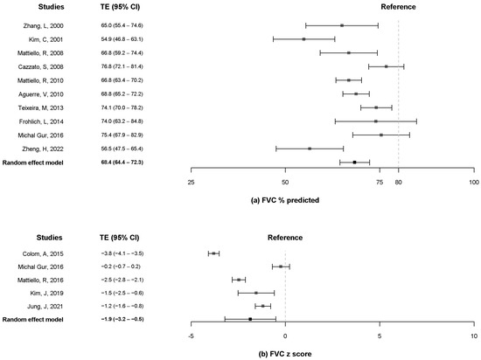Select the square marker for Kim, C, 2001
point(303,39)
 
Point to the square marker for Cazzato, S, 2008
point(387,66)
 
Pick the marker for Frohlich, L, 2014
point(376,121)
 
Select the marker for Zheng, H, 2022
point(310,149)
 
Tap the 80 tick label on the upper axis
point(398,182)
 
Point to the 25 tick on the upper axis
point(192,182)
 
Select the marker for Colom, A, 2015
point(213,253)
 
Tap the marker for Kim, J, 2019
point(255,293)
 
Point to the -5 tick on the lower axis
point(192,336)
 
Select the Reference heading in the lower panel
point(285,236)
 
